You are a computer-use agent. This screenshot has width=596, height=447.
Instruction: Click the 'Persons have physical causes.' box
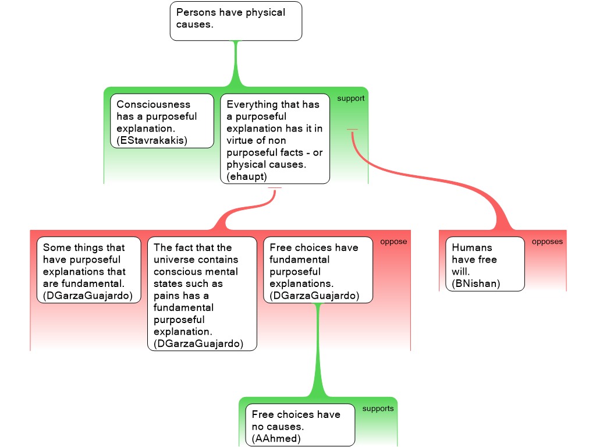point(236,21)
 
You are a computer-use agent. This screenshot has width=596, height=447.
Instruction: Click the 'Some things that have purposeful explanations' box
point(88,271)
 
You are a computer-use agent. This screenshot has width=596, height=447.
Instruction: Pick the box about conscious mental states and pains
point(201,293)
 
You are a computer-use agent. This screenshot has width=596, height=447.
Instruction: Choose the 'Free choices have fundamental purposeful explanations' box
point(318,270)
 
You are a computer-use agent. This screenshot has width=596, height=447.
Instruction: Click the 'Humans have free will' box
point(485,264)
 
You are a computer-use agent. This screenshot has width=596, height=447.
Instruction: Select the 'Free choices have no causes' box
point(300,425)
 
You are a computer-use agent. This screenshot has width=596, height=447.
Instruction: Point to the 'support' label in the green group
point(350,98)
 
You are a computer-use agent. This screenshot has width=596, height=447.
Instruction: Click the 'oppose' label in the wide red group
point(393,242)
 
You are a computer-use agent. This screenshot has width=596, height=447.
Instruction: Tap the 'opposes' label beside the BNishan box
point(547,242)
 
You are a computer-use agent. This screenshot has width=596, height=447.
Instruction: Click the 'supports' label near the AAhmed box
point(378,409)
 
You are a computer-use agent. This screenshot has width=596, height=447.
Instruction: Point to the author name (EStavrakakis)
point(152,140)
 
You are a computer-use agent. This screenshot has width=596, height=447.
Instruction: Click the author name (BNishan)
point(476,284)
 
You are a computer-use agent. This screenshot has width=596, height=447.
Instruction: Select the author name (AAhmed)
point(276,438)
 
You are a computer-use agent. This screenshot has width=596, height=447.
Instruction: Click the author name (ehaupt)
point(246,176)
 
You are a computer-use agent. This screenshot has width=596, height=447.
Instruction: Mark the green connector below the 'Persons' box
point(236,64)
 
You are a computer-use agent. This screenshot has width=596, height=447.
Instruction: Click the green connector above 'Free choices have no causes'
point(318,355)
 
